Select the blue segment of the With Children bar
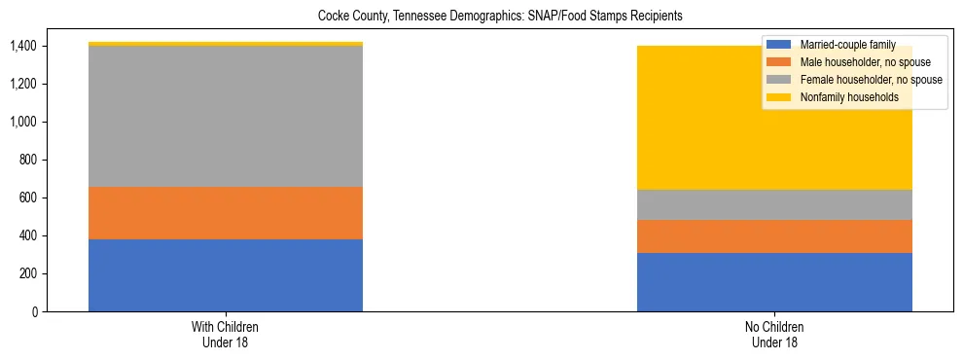(226, 275)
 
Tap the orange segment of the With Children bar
(226, 213)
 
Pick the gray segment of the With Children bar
(226, 117)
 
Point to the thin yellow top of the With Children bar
(226, 44)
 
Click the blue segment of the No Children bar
(774, 282)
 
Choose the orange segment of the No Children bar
(774, 236)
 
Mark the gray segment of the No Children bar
(774, 205)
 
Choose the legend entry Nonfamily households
(845, 97)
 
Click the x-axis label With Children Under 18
(226, 335)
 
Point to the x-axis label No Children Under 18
(774, 335)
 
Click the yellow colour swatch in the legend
(778, 97)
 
